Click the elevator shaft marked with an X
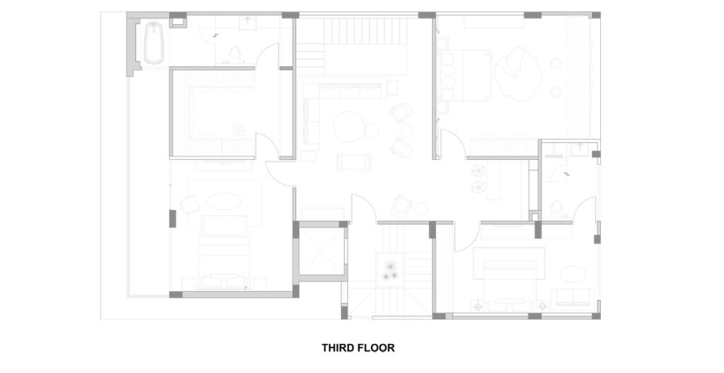(x=322, y=251)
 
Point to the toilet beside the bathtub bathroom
(x=235, y=54)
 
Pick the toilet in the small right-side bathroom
(x=557, y=209)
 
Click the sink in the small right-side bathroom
(x=578, y=149)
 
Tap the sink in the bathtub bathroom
(x=248, y=21)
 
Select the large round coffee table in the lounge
(x=349, y=126)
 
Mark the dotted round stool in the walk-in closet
(x=238, y=130)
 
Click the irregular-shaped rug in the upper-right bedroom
(x=518, y=73)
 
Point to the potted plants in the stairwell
(x=390, y=270)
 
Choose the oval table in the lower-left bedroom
(x=223, y=202)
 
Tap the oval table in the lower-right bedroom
(x=573, y=274)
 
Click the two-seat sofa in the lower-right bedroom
(x=573, y=297)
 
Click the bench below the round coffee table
(x=354, y=162)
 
